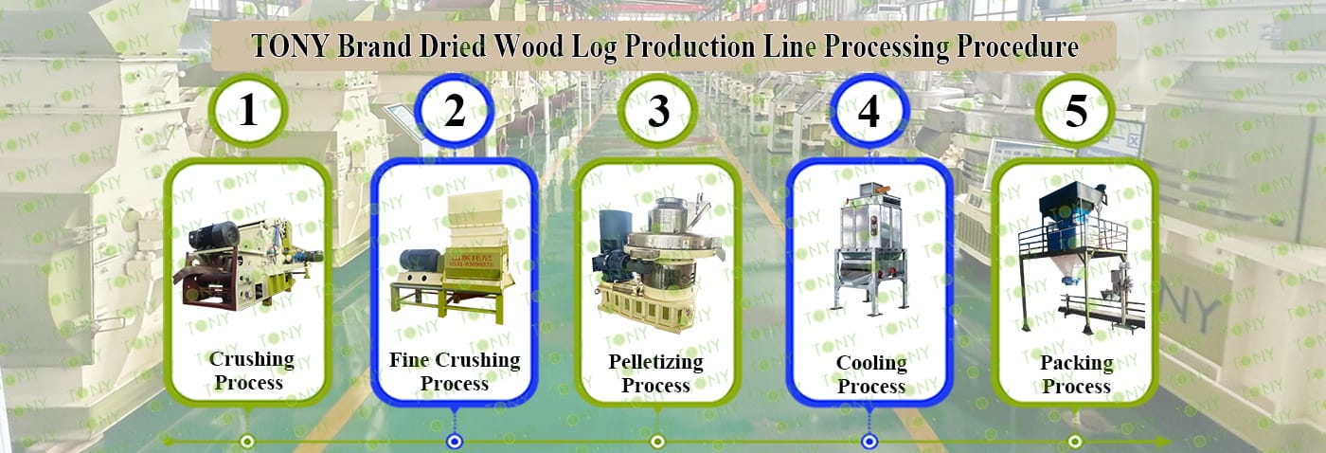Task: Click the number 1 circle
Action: click(x=248, y=111)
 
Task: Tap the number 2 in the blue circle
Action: click(x=455, y=111)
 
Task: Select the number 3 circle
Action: click(x=658, y=112)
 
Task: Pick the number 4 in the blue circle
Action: click(x=869, y=111)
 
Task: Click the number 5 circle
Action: click(x=1076, y=111)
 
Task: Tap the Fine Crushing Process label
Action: click(x=455, y=371)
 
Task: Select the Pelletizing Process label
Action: click(x=655, y=373)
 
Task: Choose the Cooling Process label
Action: click(x=871, y=374)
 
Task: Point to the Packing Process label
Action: click(x=1076, y=374)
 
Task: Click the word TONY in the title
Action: click(x=288, y=46)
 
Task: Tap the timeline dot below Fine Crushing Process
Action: click(x=455, y=441)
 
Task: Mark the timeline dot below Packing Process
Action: click(x=1075, y=441)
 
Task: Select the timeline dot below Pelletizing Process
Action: click(x=657, y=441)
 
